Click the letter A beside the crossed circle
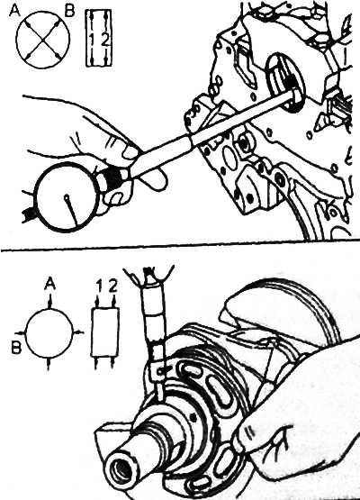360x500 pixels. point(15,11)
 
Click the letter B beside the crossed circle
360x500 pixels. point(68,12)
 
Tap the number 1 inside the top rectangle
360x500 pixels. point(92,40)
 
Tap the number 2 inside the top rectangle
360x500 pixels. point(105,40)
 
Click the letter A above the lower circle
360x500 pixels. point(49,283)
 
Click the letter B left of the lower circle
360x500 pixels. point(16,347)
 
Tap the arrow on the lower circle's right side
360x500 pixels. point(78,332)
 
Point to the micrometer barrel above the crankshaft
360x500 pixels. point(155,314)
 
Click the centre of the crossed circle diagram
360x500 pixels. point(42,40)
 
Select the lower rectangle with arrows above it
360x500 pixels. point(105,332)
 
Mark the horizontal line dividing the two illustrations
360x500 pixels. point(180,246)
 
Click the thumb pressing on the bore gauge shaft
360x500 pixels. point(130,153)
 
